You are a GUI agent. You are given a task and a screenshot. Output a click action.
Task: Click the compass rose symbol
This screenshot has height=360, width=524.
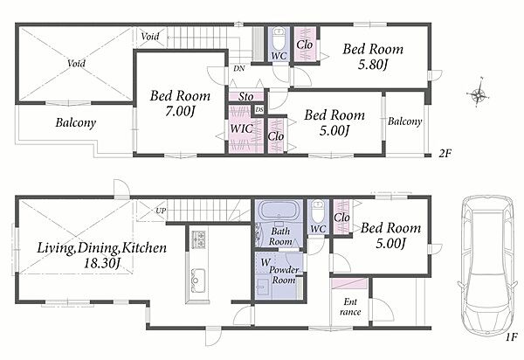(479, 95)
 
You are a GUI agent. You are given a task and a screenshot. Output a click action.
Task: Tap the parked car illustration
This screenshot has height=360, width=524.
(486, 264)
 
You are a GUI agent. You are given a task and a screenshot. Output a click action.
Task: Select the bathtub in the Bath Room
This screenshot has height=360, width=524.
(279, 211)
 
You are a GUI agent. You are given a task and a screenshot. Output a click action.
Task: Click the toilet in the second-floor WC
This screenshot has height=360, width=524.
(279, 38)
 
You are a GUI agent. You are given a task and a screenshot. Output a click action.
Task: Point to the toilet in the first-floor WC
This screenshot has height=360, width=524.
(317, 211)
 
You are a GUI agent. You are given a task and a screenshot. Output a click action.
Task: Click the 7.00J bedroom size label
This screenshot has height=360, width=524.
(180, 112)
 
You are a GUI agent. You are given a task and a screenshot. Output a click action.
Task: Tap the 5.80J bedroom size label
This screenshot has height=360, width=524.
(373, 65)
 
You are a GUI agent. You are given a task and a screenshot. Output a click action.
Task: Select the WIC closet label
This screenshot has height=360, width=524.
(242, 128)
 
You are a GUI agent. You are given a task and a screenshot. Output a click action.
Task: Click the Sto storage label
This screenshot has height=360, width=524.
(246, 97)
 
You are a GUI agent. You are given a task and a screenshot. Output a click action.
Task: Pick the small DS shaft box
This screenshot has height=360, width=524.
(259, 109)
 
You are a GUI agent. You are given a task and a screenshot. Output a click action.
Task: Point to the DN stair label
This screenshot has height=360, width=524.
(239, 68)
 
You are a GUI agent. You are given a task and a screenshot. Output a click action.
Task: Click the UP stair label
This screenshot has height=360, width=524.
(160, 211)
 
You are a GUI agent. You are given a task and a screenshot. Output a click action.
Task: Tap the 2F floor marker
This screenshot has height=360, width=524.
(445, 154)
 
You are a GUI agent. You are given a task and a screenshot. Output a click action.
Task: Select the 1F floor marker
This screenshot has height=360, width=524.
(511, 337)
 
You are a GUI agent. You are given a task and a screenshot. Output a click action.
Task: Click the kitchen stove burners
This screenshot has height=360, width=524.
(198, 239)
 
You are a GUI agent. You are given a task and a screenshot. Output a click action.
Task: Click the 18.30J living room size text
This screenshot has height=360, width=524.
(101, 264)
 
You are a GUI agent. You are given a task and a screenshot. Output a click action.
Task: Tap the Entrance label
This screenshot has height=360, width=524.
(350, 307)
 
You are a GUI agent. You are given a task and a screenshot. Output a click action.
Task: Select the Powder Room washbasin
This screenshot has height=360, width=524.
(263, 288)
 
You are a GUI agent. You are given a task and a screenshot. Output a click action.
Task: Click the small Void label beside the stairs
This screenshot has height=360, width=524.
(149, 36)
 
